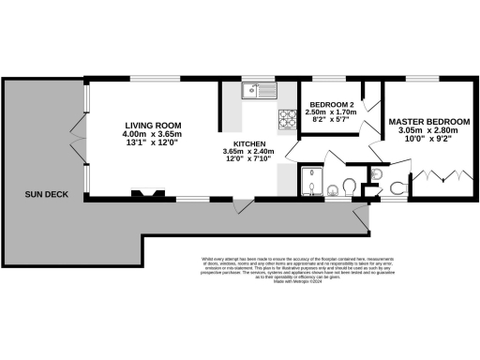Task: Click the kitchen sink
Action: click(x=252, y=91)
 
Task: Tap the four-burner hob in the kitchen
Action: click(x=285, y=119)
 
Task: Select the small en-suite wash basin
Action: click(x=377, y=172)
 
